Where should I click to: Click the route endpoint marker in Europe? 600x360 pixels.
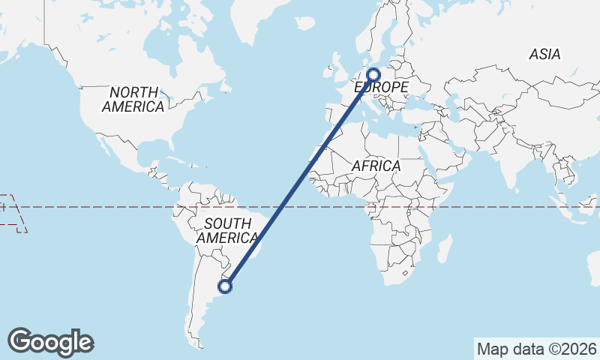pos(373,74)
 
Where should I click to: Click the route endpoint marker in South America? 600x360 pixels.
pos(224,285)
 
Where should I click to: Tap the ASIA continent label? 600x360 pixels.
pos(544,55)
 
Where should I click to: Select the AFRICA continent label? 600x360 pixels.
pos(376,166)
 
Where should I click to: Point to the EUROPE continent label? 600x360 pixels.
pos(381,88)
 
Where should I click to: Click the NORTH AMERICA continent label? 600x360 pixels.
pos(133,100)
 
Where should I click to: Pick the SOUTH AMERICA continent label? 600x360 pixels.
pos(226,230)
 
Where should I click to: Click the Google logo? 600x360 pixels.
pos(50,342)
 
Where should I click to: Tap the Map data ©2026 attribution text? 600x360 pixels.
pos(537,349)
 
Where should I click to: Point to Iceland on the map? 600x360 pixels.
pos(304,23)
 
